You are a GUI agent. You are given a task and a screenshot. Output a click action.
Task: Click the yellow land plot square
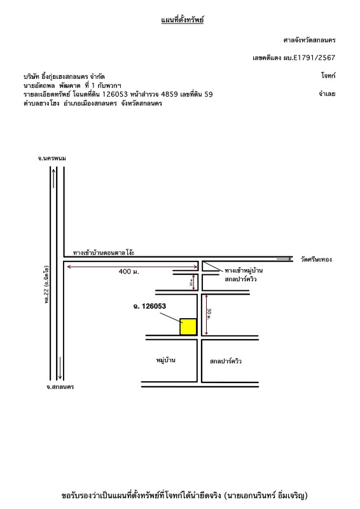[x=188, y=326]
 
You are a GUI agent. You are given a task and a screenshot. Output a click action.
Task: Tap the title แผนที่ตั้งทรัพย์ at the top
[x=182, y=20]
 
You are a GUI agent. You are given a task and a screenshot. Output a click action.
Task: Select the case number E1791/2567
[x=314, y=58]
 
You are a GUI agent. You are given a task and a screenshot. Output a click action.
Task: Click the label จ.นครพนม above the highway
[x=52, y=158]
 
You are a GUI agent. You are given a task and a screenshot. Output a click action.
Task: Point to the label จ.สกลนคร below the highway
[x=60, y=387]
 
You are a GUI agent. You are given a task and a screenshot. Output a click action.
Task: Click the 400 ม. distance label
[x=128, y=272]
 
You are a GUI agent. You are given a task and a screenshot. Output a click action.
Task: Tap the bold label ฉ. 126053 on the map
[x=149, y=306]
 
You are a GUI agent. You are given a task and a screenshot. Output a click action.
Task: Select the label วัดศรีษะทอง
[x=316, y=260]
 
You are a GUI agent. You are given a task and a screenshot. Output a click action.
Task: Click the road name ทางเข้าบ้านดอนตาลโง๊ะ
[x=104, y=252]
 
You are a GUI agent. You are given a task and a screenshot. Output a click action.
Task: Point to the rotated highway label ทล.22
[x=46, y=284]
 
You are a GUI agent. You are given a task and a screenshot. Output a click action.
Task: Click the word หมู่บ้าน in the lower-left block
[x=165, y=360]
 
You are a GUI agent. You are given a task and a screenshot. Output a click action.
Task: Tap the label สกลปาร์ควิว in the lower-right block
[x=225, y=361]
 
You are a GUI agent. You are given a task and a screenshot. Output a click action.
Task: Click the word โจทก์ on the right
[x=328, y=76]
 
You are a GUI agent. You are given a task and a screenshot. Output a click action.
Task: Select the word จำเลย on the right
[x=327, y=94]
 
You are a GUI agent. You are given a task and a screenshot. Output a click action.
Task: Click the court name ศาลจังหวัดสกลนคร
[x=309, y=40]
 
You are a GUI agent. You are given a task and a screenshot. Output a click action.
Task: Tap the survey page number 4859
[x=169, y=94]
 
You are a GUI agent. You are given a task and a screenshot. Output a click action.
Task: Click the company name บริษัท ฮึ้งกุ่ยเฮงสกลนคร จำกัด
[x=64, y=76]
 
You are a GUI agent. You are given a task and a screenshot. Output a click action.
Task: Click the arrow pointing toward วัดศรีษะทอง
[x=284, y=259]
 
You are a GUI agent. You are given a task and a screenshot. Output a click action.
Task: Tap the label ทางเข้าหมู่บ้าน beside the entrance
[x=244, y=270]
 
